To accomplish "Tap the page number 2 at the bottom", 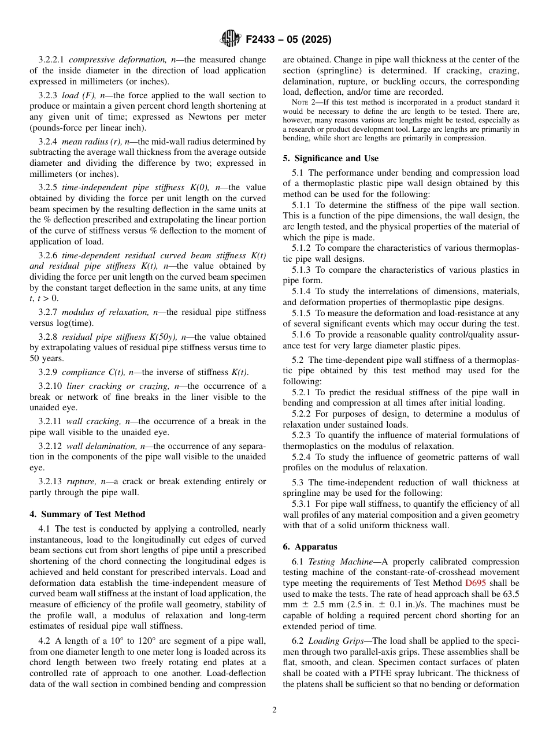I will (274, 710).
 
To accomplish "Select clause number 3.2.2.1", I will (52, 60).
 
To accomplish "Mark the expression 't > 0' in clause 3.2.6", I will (46, 299).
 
